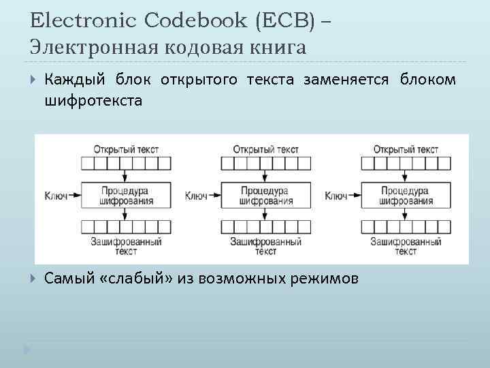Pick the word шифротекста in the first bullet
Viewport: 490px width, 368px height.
(x=93, y=102)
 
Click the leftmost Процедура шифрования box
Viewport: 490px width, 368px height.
(x=125, y=196)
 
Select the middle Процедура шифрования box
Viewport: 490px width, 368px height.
(x=265, y=196)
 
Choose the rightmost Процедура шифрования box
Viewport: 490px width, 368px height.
(x=406, y=196)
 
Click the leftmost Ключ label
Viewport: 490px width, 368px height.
(x=56, y=196)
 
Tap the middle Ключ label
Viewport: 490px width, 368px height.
(x=197, y=196)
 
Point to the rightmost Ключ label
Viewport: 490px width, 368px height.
(x=337, y=196)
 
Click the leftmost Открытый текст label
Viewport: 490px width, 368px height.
(x=125, y=149)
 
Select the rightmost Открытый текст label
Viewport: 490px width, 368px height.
(x=406, y=149)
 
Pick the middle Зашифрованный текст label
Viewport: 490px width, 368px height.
(x=265, y=246)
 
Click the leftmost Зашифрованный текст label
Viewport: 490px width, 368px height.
(x=125, y=246)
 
